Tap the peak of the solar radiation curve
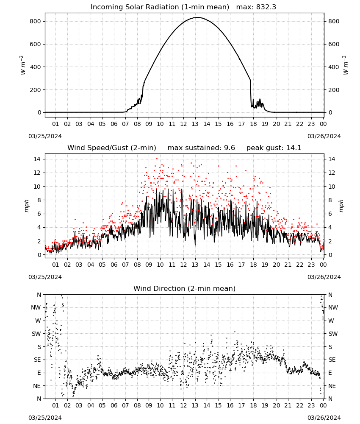coord(198,17)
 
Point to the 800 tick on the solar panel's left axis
coord(36,21)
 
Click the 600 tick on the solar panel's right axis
coord(334,45)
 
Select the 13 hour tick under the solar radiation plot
coord(195,124)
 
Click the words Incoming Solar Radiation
coord(135,7)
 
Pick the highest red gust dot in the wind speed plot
coord(157,159)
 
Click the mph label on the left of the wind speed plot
coord(26,206)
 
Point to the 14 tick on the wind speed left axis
coord(37,159)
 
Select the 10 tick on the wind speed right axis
coord(332,187)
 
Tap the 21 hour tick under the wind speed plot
coord(288,265)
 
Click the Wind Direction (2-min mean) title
coord(185,288)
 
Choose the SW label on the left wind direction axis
coord(36,334)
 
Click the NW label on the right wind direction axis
coord(333,307)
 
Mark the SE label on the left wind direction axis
coord(37,360)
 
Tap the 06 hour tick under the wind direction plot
coord(114,405)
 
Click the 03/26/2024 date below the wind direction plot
coord(324,418)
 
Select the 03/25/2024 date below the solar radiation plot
coord(45,136)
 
